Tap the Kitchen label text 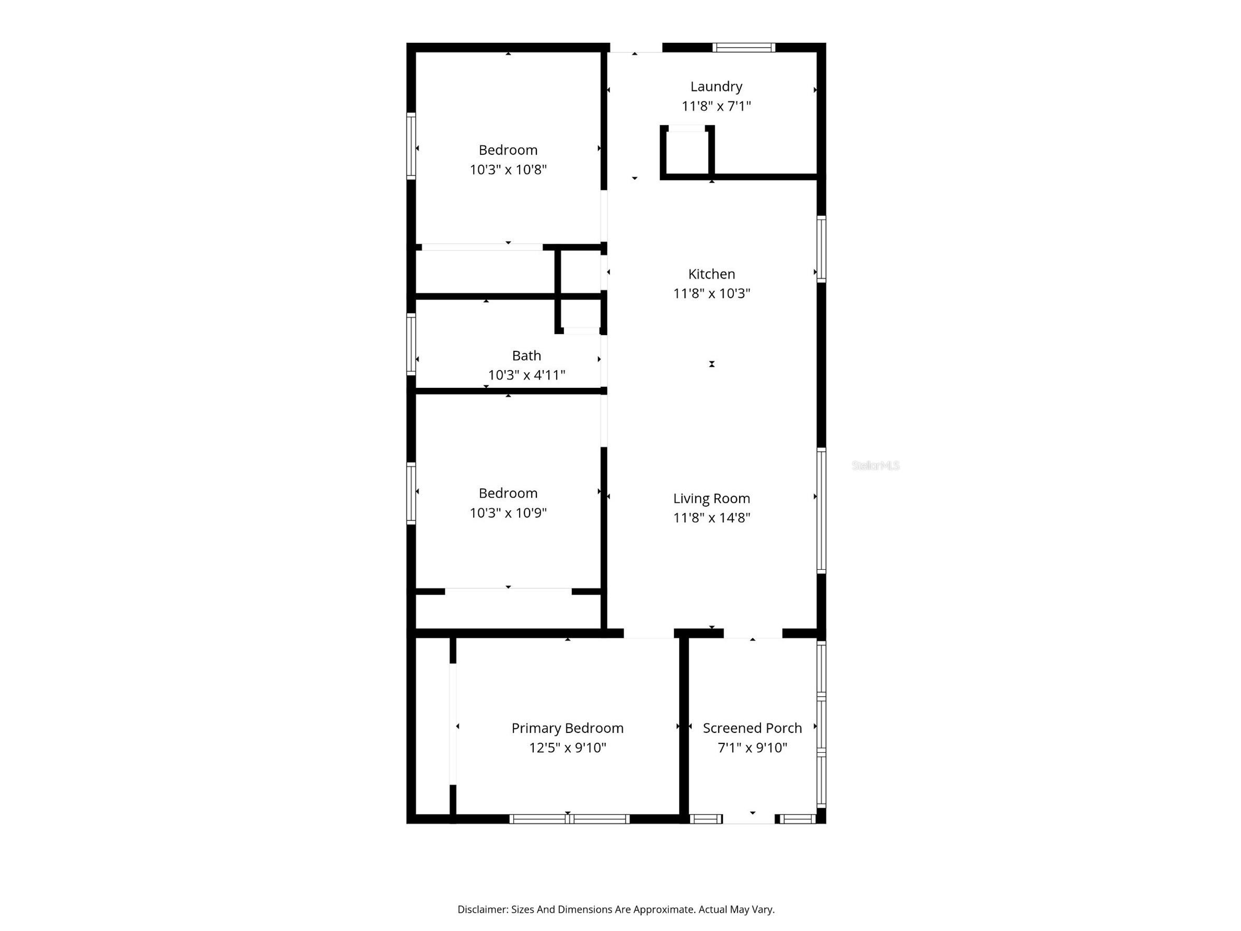click(x=711, y=274)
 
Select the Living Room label click(x=711, y=498)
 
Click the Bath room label click(x=526, y=356)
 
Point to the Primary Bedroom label click(x=567, y=728)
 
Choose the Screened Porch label click(x=752, y=728)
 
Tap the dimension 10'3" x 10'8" click(x=508, y=169)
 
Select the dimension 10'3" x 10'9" click(x=508, y=513)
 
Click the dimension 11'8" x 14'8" click(x=711, y=518)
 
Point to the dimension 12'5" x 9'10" click(x=567, y=748)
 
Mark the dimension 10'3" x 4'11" click(x=526, y=375)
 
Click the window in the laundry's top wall click(x=743, y=48)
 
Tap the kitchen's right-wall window click(x=821, y=249)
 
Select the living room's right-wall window click(x=821, y=510)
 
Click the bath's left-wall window click(x=411, y=344)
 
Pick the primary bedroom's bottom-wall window click(x=569, y=819)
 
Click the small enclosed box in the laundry click(x=687, y=152)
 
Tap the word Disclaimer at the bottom click(x=481, y=909)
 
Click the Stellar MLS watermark click(x=875, y=465)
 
